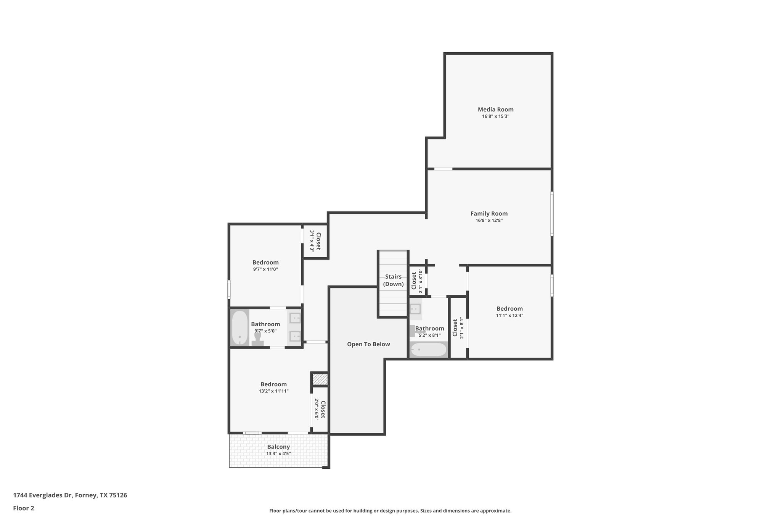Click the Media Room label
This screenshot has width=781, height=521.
click(495, 110)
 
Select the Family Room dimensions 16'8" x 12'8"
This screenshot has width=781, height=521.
click(489, 220)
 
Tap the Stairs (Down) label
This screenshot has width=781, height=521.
click(393, 280)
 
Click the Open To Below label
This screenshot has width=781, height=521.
click(368, 344)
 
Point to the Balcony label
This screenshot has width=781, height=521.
click(278, 447)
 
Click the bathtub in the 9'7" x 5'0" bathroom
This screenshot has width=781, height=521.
click(240, 327)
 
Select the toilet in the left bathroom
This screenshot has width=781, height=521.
click(258, 339)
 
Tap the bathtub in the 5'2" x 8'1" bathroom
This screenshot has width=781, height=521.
click(428, 350)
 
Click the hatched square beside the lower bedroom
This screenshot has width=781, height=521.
click(320, 379)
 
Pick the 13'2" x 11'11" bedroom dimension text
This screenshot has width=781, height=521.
click(273, 391)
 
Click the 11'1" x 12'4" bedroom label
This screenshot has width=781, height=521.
click(509, 309)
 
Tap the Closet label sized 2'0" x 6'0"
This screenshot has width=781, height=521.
click(323, 409)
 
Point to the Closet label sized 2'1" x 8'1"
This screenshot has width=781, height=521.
click(455, 327)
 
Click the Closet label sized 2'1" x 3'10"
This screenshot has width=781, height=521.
click(414, 281)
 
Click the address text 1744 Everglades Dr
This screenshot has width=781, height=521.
click(43, 495)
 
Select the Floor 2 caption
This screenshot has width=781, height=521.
click(24, 508)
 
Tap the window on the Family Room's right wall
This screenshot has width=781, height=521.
click(552, 213)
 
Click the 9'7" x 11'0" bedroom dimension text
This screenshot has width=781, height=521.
click(265, 269)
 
